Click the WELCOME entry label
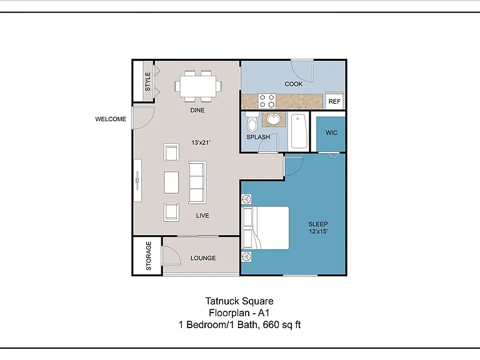111,119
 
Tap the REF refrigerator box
334,101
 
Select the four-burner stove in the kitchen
267,101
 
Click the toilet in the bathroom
252,121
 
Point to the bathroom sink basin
274,119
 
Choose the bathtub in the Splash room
299,132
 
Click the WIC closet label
331,132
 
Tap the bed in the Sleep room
266,227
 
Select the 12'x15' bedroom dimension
318,231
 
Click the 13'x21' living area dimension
201,142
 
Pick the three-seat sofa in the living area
197,182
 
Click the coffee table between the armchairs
171,182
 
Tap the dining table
198,86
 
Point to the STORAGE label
149,256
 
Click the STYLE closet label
147,82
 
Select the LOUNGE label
203,258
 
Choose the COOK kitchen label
293,84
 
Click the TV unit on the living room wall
137,180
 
